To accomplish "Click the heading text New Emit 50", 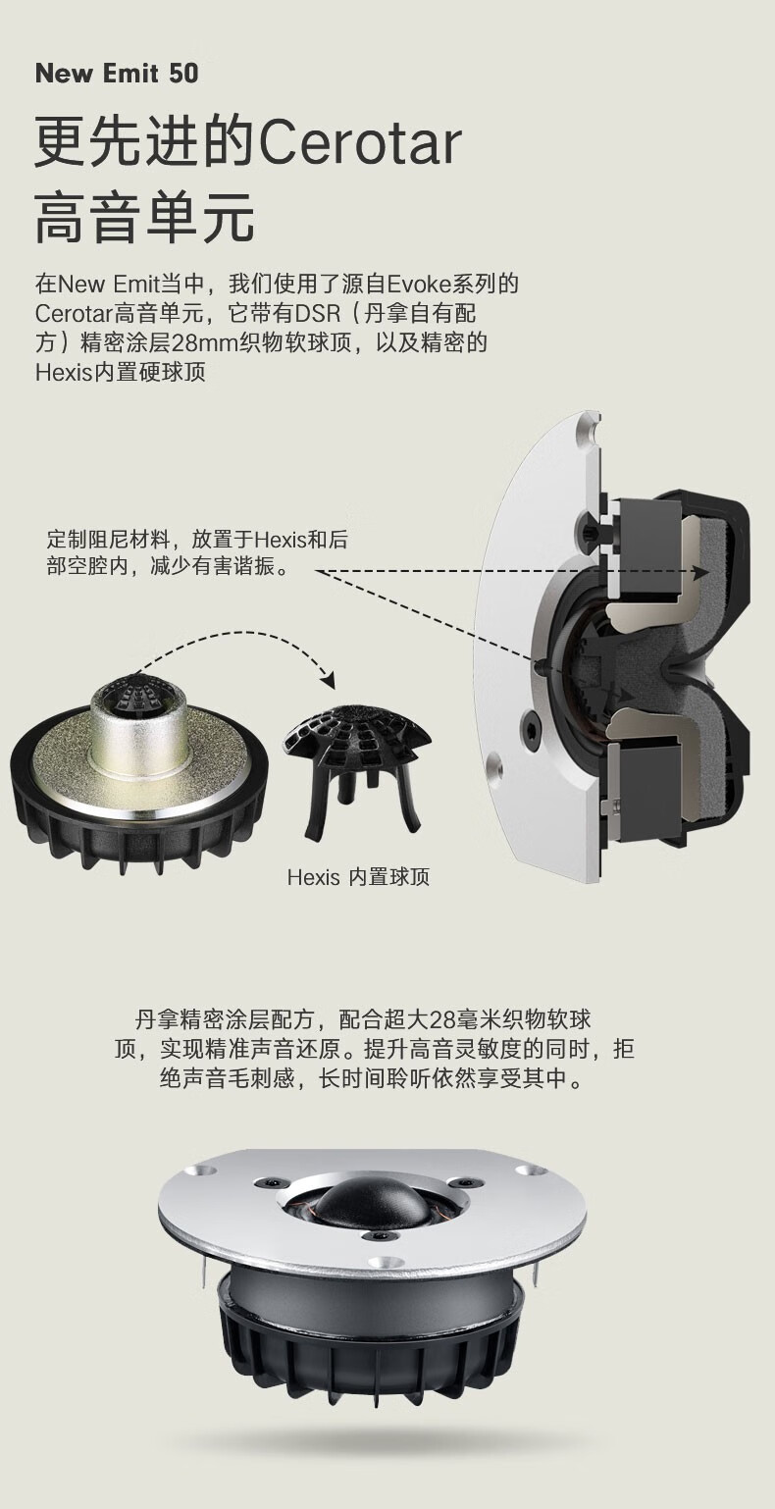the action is [117, 74].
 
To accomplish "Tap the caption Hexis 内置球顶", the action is [358, 877].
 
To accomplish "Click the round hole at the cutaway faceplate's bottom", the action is [494, 766].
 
